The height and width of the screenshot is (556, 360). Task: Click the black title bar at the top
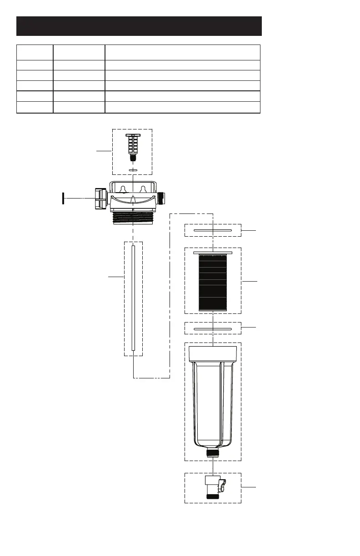[x=139, y=26]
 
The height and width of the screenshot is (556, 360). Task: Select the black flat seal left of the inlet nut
[x=62, y=199]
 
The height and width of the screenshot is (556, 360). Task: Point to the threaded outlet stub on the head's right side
[x=164, y=199]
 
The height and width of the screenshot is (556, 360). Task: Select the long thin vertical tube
[x=133, y=298]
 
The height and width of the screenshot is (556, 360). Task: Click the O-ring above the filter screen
[x=213, y=231]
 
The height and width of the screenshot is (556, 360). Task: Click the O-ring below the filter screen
[x=213, y=328]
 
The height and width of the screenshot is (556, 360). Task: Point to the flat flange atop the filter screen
[x=213, y=252]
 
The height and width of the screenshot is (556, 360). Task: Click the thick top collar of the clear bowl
[x=213, y=354]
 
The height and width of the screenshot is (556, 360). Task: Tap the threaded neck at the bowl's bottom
[x=213, y=452]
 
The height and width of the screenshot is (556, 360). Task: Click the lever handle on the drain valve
[x=222, y=485]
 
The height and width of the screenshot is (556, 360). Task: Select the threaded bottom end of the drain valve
[x=213, y=496]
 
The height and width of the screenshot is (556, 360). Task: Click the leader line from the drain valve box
[x=249, y=487]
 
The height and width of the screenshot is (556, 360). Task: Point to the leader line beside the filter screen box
[x=249, y=282]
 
